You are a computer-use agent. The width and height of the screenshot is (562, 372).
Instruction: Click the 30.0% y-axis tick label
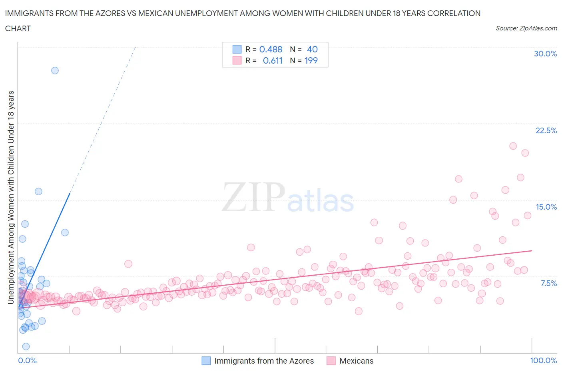tap(545, 54)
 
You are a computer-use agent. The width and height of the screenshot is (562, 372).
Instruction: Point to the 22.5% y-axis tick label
tap(546, 130)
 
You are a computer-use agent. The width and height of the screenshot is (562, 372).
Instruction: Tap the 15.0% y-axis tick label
tap(546, 207)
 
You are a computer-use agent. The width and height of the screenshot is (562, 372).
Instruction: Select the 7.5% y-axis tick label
tap(548, 283)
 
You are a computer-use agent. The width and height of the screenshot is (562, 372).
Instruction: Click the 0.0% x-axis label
tap(27, 360)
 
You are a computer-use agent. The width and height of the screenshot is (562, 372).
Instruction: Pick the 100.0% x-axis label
tap(543, 360)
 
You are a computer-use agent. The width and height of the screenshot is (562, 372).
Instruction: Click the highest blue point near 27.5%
tap(55, 70)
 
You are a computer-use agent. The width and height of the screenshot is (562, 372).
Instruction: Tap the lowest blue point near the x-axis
tap(26, 346)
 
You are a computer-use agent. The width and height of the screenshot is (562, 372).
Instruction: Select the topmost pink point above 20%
tap(513, 146)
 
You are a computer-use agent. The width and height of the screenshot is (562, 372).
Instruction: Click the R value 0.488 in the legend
tap(271, 49)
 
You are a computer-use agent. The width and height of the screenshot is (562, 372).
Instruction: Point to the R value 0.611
tap(273, 60)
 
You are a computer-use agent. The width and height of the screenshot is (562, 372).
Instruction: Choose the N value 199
tap(311, 60)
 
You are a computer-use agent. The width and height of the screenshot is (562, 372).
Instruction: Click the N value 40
tap(312, 49)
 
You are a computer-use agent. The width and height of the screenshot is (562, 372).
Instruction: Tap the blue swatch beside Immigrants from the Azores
tap(206, 361)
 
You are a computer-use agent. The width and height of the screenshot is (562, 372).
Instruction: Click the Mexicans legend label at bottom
tap(356, 361)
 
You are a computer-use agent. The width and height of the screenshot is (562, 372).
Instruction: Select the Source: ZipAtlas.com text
tap(526, 28)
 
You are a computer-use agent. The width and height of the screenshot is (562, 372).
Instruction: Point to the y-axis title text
tap(11, 197)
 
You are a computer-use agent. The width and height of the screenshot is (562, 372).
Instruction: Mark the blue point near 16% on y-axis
tap(38, 192)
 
